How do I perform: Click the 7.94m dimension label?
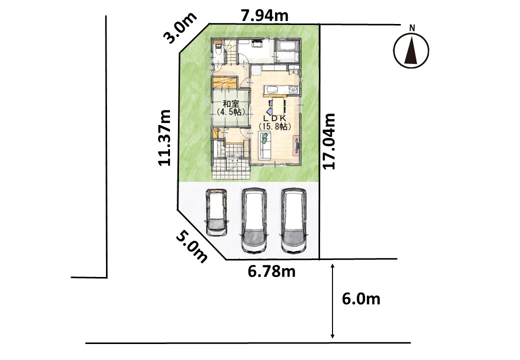[x=264, y=15]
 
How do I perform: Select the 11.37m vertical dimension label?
[x=164, y=137]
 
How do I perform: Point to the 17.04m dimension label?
[x=329, y=141]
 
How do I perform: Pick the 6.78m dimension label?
[x=271, y=272]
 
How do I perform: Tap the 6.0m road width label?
[x=361, y=299]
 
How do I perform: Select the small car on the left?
[x=216, y=212]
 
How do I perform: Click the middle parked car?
[x=254, y=221]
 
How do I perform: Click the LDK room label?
[x=274, y=118]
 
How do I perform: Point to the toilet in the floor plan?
[x=217, y=52]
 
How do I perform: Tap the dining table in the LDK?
[x=279, y=105]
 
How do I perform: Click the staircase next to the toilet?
[x=231, y=52]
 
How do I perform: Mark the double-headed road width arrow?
[x=332, y=300]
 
